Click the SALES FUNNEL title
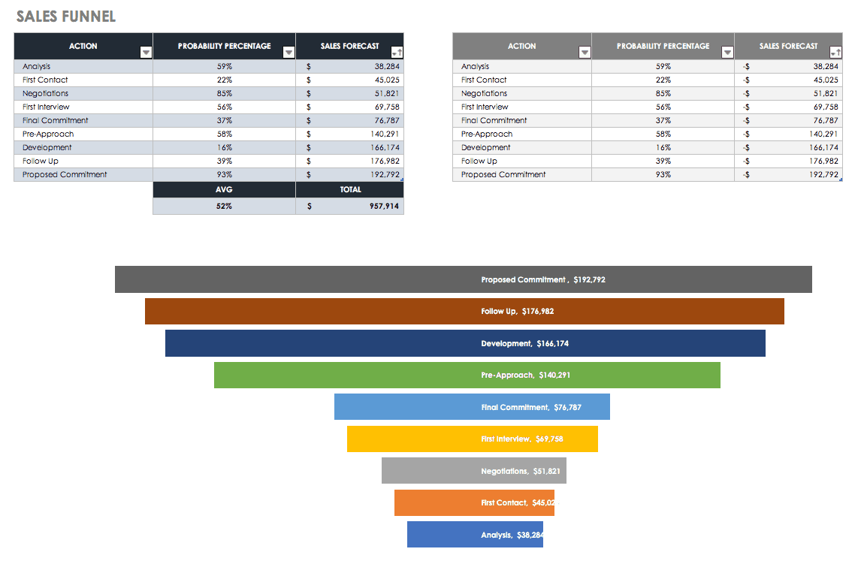tap(66, 17)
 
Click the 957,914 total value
tap(384, 206)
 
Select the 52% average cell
tap(224, 206)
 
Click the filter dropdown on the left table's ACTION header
tap(146, 52)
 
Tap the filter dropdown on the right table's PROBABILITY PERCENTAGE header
tap(727, 52)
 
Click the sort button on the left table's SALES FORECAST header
tap(397, 52)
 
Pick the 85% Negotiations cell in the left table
tap(224, 93)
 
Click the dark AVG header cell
tap(224, 190)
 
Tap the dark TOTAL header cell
tap(350, 190)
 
